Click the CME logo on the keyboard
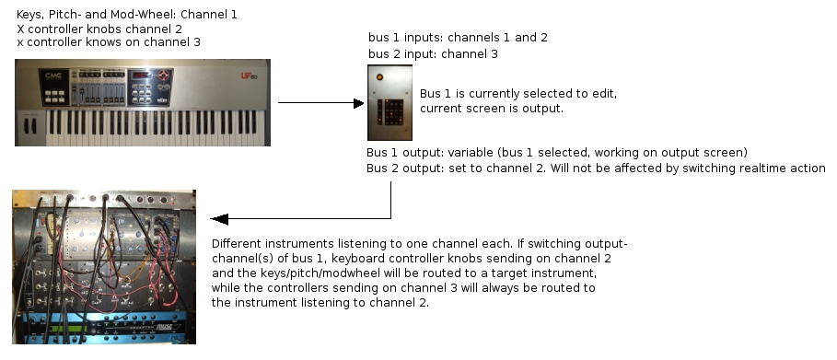[x=53, y=76]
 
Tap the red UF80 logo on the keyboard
[x=249, y=75]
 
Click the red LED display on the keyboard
[x=141, y=75]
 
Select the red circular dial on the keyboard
[x=164, y=75]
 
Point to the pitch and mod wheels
[x=29, y=126]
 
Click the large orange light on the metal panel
[x=379, y=77]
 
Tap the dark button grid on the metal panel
[x=393, y=111]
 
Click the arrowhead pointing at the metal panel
[x=359, y=103]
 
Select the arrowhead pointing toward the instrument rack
[x=219, y=218]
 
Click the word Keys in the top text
[x=29, y=15]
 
